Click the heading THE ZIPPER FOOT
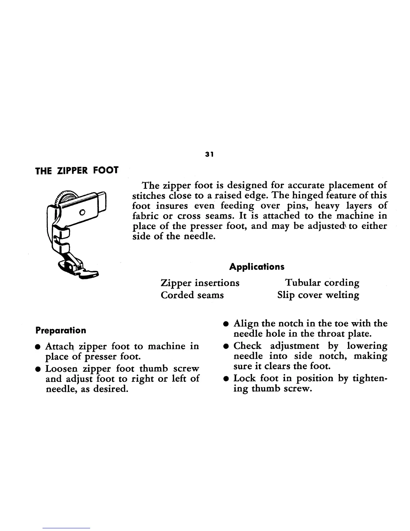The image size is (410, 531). pyautogui.click(x=77, y=170)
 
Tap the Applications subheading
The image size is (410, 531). pyautogui.click(x=257, y=267)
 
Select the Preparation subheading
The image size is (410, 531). pyautogui.click(x=61, y=331)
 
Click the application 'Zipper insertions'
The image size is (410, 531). pyautogui.click(x=200, y=283)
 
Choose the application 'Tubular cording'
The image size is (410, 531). pyautogui.click(x=322, y=283)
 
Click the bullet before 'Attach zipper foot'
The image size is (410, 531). pyautogui.click(x=39, y=347)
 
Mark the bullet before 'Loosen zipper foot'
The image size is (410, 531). pyautogui.click(x=39, y=369)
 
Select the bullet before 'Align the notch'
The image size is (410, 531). pyautogui.click(x=227, y=324)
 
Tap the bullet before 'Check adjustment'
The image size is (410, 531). pyautogui.click(x=227, y=346)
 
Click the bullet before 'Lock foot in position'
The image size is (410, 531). pyautogui.click(x=227, y=379)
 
